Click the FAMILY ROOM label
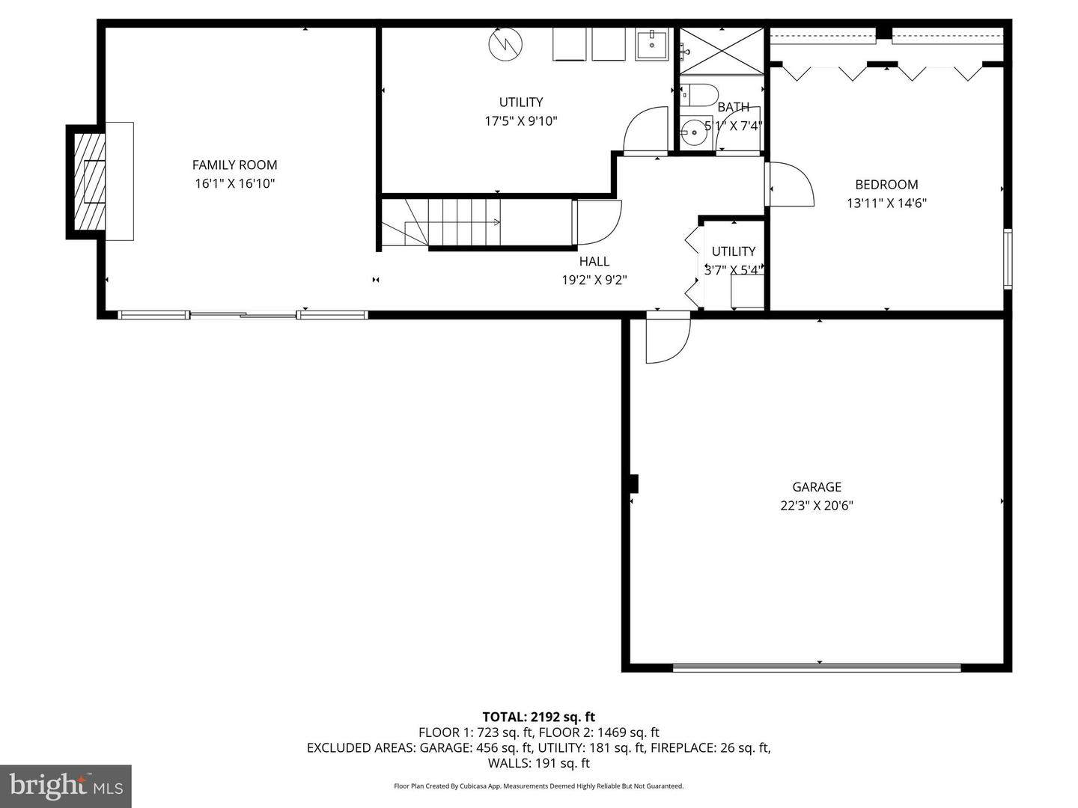pos(235,165)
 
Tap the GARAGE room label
pos(817,486)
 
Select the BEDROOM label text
pos(886,185)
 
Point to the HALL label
pos(594,261)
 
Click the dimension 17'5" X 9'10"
pos(521,120)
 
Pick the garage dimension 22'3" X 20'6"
pos(817,505)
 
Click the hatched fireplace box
pos(89,182)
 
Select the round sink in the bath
pos(694,132)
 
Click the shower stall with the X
pos(722,51)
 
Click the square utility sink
pos(652,45)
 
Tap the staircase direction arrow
pos(452,222)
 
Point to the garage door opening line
pos(817,667)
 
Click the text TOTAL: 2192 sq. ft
pos(539,717)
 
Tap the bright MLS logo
pos(66,786)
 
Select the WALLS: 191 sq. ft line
pos(539,763)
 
